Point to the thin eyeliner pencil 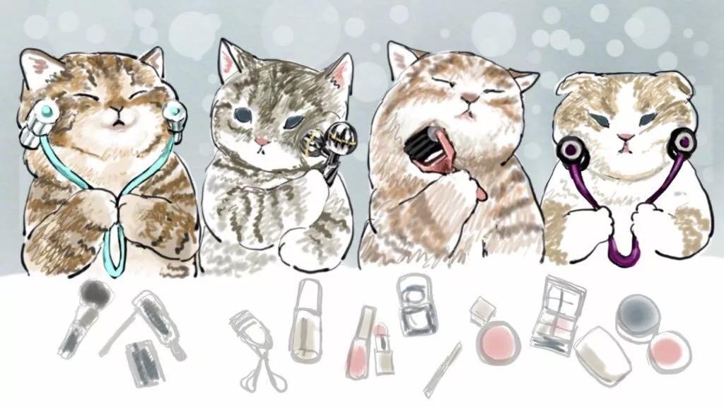pyautogui.click(x=443, y=368)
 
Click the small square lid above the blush pyautogui.click(x=483, y=307)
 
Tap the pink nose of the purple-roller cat pyautogui.click(x=624, y=136)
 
